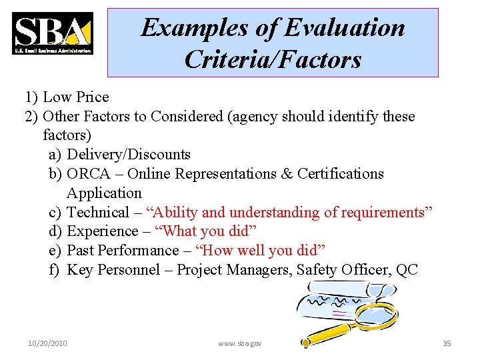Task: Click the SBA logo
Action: coord(53,33)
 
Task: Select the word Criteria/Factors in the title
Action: coord(273,60)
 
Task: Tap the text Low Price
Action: coord(75,97)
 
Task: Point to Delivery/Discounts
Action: coord(129,155)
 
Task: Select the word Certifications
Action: coord(341,174)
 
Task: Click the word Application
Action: coord(104,193)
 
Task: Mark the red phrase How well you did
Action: coord(263,251)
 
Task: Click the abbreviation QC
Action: coord(407,270)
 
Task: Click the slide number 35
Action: coord(447,343)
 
